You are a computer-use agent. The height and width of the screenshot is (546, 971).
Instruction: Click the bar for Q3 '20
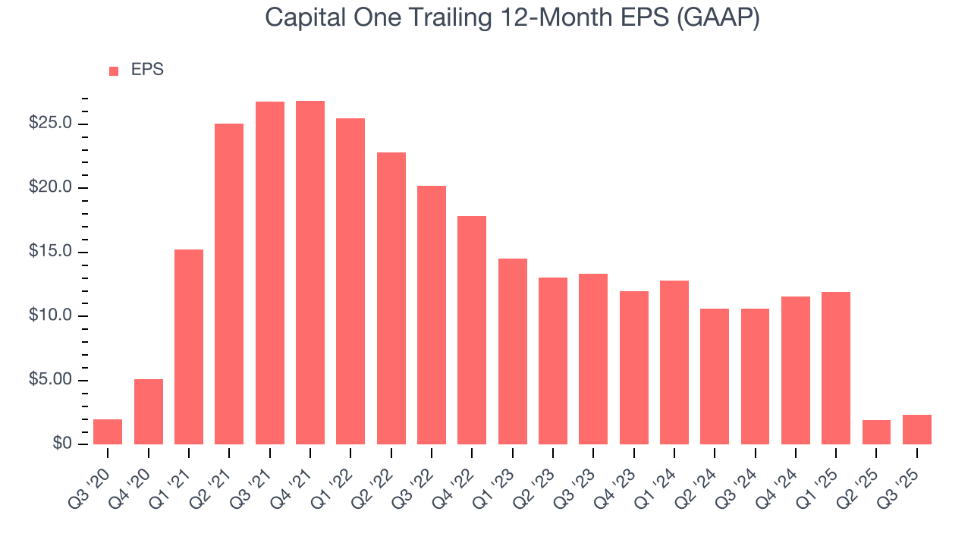[x=108, y=431]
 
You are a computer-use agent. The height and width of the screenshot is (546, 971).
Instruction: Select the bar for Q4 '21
[x=310, y=272]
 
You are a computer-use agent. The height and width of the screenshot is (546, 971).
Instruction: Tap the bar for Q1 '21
[x=189, y=347]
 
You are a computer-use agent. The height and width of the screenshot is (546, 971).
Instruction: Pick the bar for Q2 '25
[x=876, y=432]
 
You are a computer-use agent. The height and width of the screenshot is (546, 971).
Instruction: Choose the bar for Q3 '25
[x=917, y=429]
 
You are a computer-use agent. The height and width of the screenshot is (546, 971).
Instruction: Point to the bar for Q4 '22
[x=472, y=330]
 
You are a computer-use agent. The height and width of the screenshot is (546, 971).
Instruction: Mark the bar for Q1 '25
[x=836, y=368]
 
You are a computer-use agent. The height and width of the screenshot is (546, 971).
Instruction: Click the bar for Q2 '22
[x=391, y=298]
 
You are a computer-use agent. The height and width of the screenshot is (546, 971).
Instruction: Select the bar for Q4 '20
[x=149, y=412]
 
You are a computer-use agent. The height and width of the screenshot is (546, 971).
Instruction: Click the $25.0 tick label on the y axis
[x=50, y=124]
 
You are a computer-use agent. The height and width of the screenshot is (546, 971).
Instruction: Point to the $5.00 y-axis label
[x=50, y=380]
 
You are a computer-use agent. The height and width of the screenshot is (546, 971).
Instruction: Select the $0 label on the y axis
[x=62, y=444]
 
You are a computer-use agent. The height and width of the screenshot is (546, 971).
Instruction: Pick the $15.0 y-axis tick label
[x=50, y=252]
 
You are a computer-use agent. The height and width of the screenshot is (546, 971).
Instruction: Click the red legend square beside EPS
[x=114, y=71]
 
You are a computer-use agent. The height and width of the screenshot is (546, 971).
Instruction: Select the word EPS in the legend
[x=147, y=70]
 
